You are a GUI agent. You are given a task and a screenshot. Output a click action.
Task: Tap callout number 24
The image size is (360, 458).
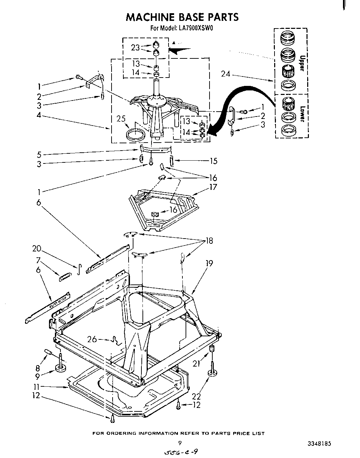(226, 73)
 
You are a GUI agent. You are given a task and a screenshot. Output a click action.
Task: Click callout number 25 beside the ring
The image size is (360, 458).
(121, 119)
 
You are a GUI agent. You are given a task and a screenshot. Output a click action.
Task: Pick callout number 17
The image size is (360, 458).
(213, 187)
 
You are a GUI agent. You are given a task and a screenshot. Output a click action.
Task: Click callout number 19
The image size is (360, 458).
(209, 263)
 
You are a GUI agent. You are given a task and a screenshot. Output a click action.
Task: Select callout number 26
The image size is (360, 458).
(92, 339)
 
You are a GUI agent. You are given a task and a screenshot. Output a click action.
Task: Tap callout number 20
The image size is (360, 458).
(36, 249)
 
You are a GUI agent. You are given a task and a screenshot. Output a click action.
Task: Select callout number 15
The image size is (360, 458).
(213, 161)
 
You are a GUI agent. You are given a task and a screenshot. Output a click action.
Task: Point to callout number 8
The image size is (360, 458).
(37, 368)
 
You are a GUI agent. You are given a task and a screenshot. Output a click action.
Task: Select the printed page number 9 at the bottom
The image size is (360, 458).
(180, 443)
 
